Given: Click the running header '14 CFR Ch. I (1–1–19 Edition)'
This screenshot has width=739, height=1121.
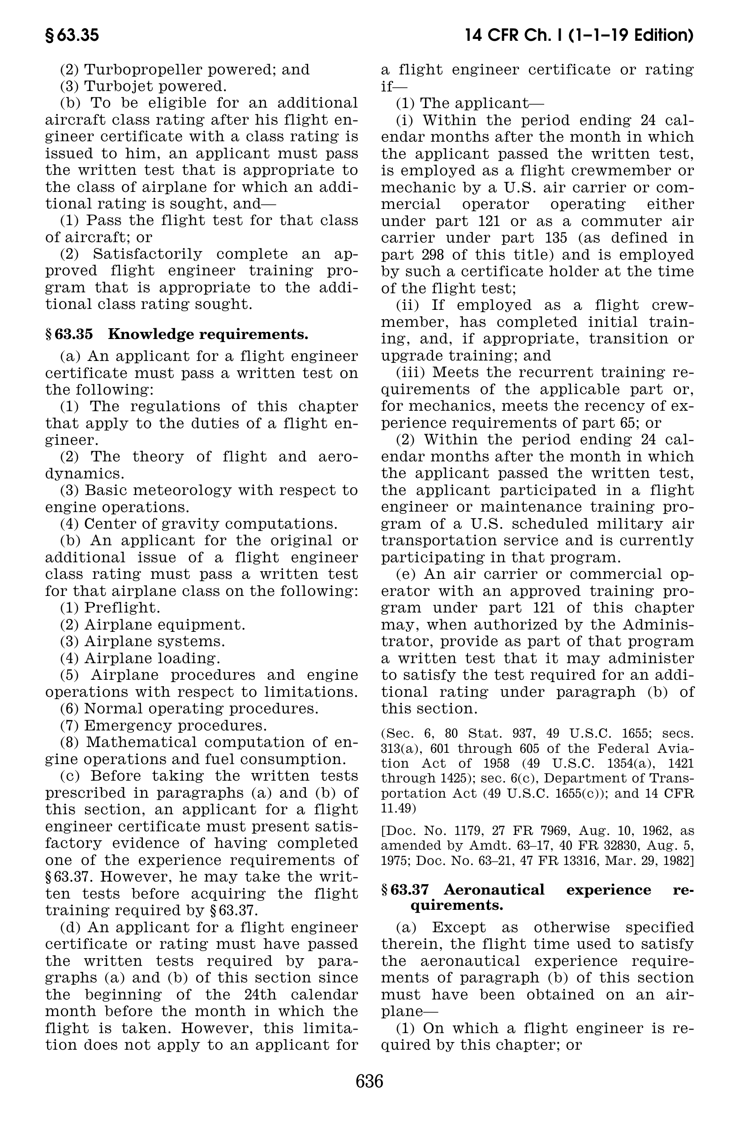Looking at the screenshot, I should tap(579, 36).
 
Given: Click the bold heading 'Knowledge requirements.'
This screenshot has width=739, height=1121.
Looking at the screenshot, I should tap(208, 335).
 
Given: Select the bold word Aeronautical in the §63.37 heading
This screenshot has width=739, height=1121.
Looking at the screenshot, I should tap(494, 890).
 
